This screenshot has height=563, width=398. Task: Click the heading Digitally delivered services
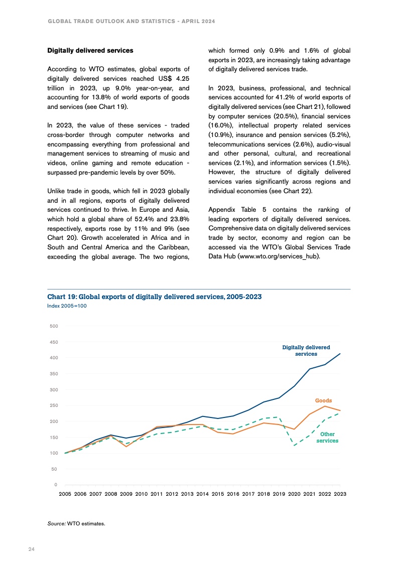click(90, 51)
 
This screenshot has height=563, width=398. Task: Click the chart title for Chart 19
click(154, 297)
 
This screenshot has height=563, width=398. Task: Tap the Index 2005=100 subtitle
click(67, 305)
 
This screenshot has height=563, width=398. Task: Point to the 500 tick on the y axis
click(54, 326)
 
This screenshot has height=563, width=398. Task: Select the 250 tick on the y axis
click(54, 405)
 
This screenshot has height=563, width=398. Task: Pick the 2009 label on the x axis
click(126, 494)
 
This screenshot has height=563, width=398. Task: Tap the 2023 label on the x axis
click(340, 494)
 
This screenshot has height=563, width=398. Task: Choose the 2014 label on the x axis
click(202, 494)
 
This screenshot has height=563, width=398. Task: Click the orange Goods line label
click(323, 400)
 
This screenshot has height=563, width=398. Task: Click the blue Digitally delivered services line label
click(306, 350)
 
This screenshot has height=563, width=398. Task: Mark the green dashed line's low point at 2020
click(295, 446)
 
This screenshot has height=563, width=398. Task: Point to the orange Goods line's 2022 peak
click(325, 406)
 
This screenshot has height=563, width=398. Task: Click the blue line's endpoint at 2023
click(340, 354)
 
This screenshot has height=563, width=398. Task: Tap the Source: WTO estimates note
click(76, 523)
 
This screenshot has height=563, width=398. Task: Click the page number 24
click(31, 549)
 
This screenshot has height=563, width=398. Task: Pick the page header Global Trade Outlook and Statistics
click(131, 22)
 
